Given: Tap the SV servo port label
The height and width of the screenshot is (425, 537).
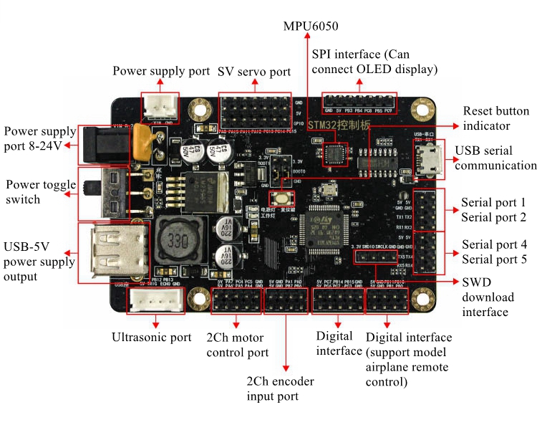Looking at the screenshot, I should tap(254, 72).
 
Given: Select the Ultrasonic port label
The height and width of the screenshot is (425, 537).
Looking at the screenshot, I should tap(152, 336).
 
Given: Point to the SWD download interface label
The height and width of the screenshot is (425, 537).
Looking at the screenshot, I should tap(488, 297).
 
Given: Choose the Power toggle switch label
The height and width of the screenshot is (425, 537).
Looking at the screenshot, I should tap(40, 193).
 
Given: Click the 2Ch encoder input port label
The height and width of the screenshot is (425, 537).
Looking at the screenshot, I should tap(280, 388).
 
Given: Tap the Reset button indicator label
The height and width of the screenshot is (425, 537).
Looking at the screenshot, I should tap(496, 118).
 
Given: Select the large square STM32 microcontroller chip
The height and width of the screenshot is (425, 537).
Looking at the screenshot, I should tap(326, 227).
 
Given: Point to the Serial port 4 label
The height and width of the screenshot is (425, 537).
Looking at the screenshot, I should tap(484, 244).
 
